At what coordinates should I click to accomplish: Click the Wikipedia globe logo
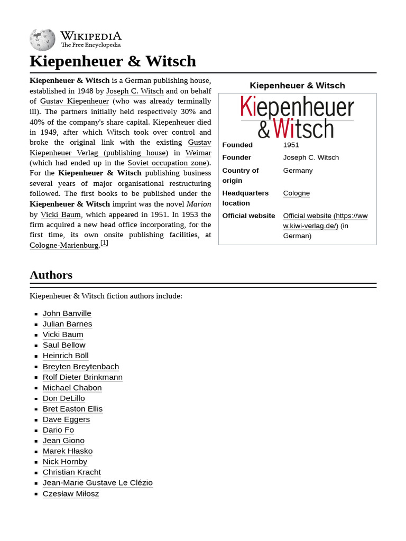(x=42, y=40)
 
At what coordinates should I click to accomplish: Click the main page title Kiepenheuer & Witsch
(x=113, y=61)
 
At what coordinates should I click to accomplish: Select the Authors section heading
(x=51, y=275)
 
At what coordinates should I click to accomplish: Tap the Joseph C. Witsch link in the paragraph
(x=134, y=91)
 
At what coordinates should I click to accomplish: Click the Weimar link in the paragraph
(x=198, y=153)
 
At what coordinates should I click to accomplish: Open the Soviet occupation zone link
(x=167, y=163)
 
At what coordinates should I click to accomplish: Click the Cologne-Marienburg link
(x=64, y=245)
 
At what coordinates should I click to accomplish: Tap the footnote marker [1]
(x=104, y=243)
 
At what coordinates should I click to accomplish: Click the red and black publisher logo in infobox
(x=297, y=117)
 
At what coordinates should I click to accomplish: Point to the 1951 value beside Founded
(x=291, y=145)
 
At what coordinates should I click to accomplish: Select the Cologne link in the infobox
(x=296, y=193)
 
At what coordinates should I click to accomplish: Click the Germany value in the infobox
(x=298, y=171)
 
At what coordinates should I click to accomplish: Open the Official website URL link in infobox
(x=325, y=221)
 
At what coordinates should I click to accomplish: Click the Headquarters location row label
(x=245, y=198)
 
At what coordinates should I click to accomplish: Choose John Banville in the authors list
(x=67, y=313)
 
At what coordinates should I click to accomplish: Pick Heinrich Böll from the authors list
(x=66, y=356)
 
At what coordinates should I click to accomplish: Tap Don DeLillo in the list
(x=63, y=398)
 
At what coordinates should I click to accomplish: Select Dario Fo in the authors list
(x=58, y=430)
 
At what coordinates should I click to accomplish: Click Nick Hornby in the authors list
(x=64, y=462)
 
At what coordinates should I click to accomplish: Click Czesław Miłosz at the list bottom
(x=70, y=493)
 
